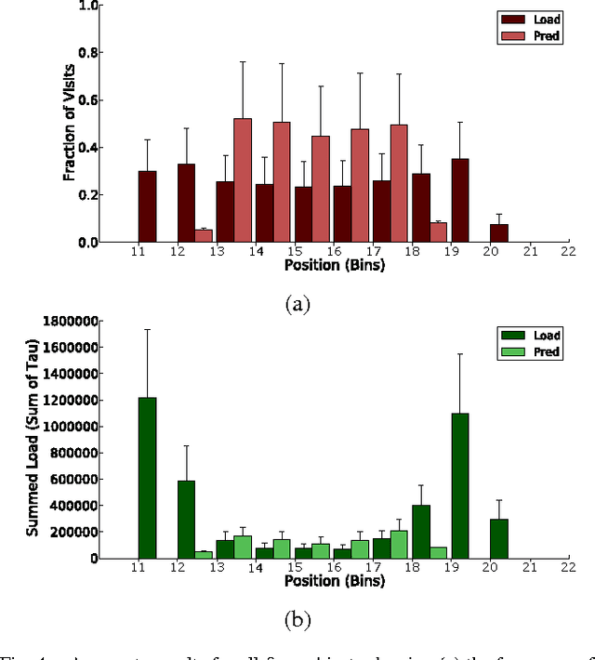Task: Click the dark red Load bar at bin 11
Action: click(x=147, y=206)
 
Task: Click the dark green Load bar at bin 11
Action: click(x=147, y=478)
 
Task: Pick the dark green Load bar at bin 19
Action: click(x=460, y=485)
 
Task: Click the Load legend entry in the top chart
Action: click(x=531, y=19)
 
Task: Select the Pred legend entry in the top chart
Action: click(x=531, y=34)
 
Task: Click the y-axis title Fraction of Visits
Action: click(x=69, y=123)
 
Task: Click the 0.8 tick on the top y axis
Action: click(x=87, y=52)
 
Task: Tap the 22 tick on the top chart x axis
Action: click(x=568, y=251)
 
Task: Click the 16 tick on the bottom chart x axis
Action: click(x=333, y=567)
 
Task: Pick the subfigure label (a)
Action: click(x=296, y=303)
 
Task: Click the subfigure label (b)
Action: click(x=296, y=619)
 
